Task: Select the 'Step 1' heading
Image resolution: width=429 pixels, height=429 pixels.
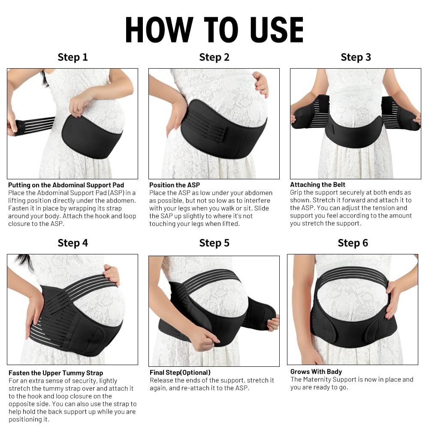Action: click(x=73, y=57)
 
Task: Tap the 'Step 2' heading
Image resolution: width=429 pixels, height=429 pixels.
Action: click(x=214, y=57)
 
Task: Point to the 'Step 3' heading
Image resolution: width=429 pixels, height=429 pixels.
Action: click(x=356, y=57)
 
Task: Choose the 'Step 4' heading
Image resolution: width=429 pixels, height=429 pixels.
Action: click(x=73, y=243)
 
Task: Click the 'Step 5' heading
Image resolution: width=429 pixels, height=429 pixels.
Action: click(x=214, y=243)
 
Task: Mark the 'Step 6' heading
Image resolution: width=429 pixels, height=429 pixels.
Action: click(x=353, y=243)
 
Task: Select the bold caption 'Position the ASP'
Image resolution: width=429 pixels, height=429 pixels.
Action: click(x=175, y=185)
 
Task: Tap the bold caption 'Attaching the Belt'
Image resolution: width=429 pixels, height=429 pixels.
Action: click(x=317, y=185)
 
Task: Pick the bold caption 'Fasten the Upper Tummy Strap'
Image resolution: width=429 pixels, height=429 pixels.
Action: click(x=56, y=373)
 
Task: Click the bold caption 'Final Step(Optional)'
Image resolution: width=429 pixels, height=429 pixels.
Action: click(x=180, y=372)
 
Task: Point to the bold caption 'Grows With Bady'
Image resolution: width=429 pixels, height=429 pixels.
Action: click(x=316, y=372)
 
